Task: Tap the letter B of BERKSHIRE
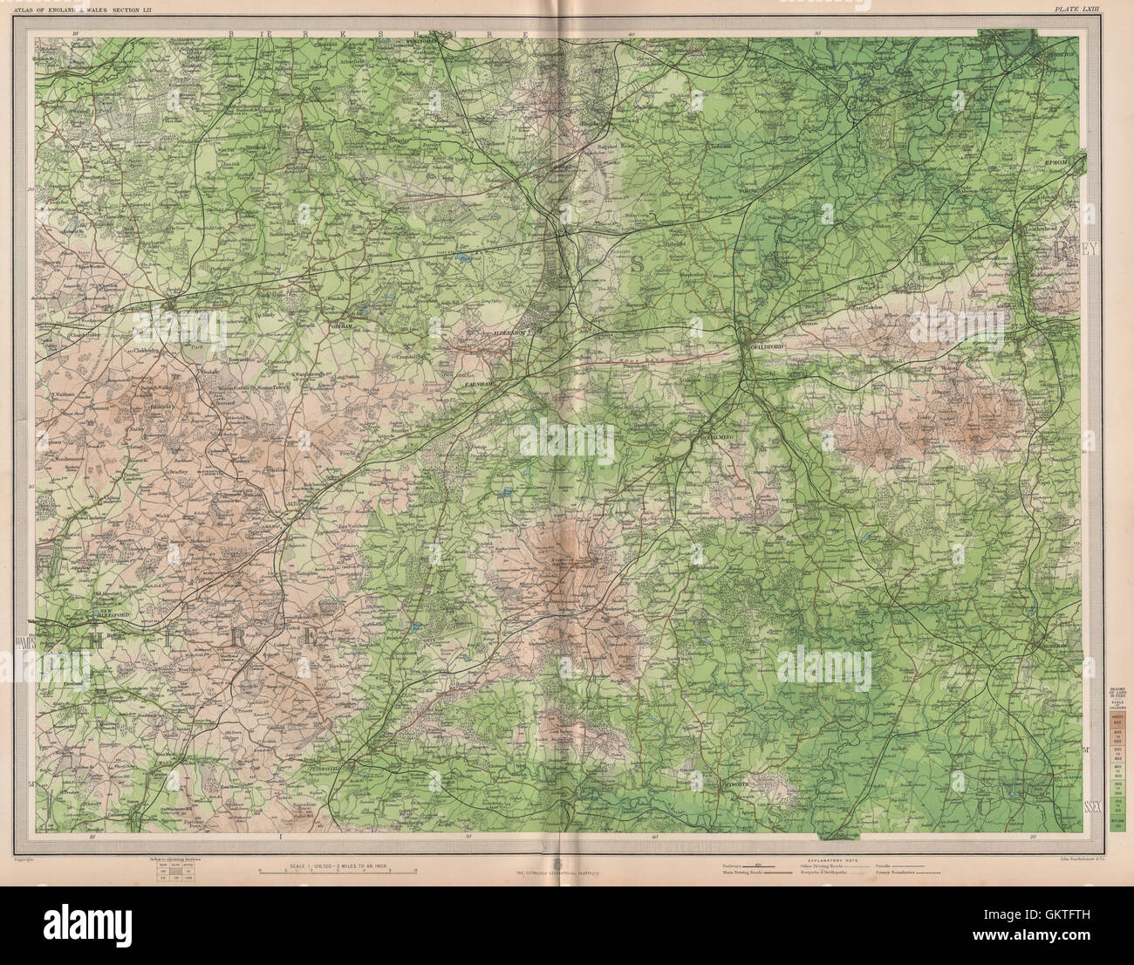[232, 33]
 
